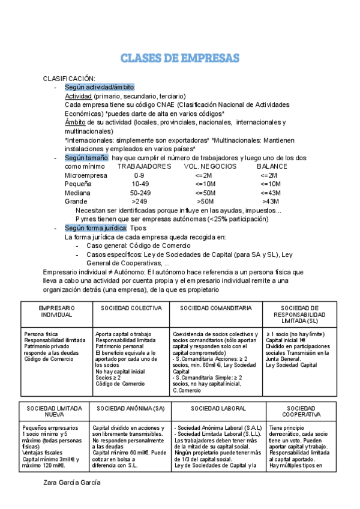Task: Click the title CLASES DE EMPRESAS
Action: pos(180,58)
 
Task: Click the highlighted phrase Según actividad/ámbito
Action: pos(100,87)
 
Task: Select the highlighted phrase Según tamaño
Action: pos(87,158)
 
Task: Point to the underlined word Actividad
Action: pos(78,96)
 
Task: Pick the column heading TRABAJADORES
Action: pos(144,166)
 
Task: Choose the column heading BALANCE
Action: pos(272,166)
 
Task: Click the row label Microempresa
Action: pos(86,175)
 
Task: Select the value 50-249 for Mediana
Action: pos(140,193)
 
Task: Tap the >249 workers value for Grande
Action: pos(139,202)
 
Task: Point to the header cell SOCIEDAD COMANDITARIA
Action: pos(216,308)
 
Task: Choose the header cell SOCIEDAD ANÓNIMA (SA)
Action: pos(129,408)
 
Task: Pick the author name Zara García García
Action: pos(72,482)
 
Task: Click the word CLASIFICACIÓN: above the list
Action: pos(69,79)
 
